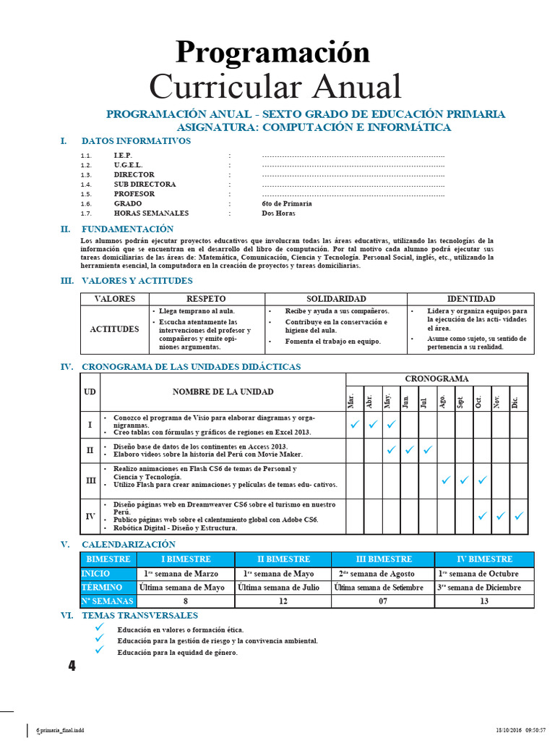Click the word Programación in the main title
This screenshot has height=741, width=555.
pyautogui.click(x=272, y=52)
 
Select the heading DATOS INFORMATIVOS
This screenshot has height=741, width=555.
pyautogui.click(x=136, y=141)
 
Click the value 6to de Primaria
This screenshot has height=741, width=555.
pyautogui.click(x=287, y=203)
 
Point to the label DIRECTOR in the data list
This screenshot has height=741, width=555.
pyautogui.click(x=134, y=174)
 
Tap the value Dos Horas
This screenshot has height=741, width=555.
pyautogui.click(x=278, y=213)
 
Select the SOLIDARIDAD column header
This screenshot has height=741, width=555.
pyautogui.click(x=336, y=299)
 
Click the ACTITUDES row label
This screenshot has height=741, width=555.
pyautogui.click(x=114, y=329)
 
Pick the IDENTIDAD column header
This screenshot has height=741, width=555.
pyautogui.click(x=470, y=299)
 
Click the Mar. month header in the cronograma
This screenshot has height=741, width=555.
pyautogui.click(x=353, y=400)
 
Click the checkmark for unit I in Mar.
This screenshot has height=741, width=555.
pyautogui.click(x=354, y=425)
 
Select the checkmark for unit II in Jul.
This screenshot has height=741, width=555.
pyautogui.click(x=427, y=450)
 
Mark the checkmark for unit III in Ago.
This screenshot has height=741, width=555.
pyautogui.click(x=446, y=480)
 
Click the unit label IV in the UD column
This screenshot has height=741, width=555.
pyautogui.click(x=90, y=517)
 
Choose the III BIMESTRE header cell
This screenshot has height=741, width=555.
pyautogui.click(x=382, y=559)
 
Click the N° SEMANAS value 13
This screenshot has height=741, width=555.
pyautogui.click(x=483, y=601)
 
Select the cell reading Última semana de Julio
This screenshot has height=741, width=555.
pyautogui.click(x=283, y=587)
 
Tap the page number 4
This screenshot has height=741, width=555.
pyautogui.click(x=72, y=666)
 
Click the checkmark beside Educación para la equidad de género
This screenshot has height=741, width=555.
pyautogui.click(x=99, y=651)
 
